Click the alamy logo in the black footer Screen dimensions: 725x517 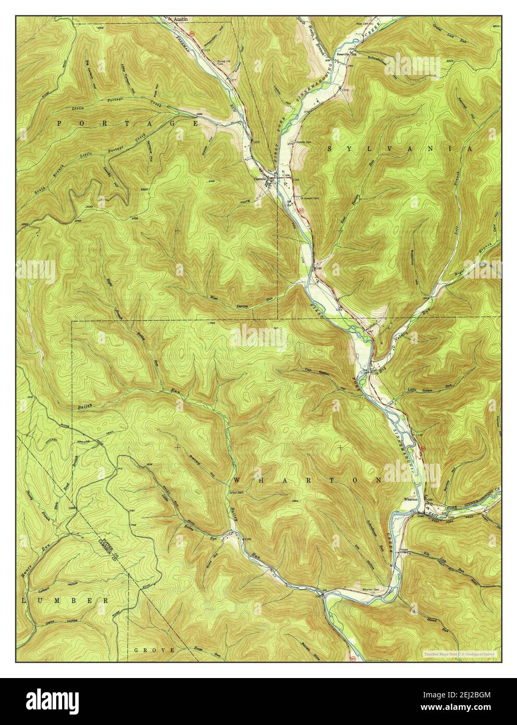[51, 700]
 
